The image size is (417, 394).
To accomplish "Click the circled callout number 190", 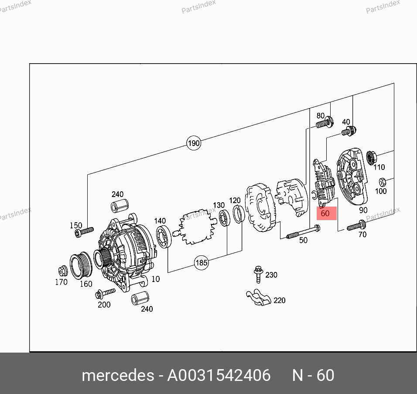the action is click(194, 143).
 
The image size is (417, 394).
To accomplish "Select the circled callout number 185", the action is click(202, 263).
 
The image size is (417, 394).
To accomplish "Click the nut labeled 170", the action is click(63, 271).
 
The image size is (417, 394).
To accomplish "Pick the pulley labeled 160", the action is click(81, 265).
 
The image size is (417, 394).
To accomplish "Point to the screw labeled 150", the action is click(84, 232).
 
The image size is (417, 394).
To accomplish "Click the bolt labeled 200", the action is click(105, 293).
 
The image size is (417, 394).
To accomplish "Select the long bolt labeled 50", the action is click(303, 231).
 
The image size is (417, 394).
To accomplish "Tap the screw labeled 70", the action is click(356, 226).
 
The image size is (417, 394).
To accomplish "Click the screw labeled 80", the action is click(325, 122).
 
